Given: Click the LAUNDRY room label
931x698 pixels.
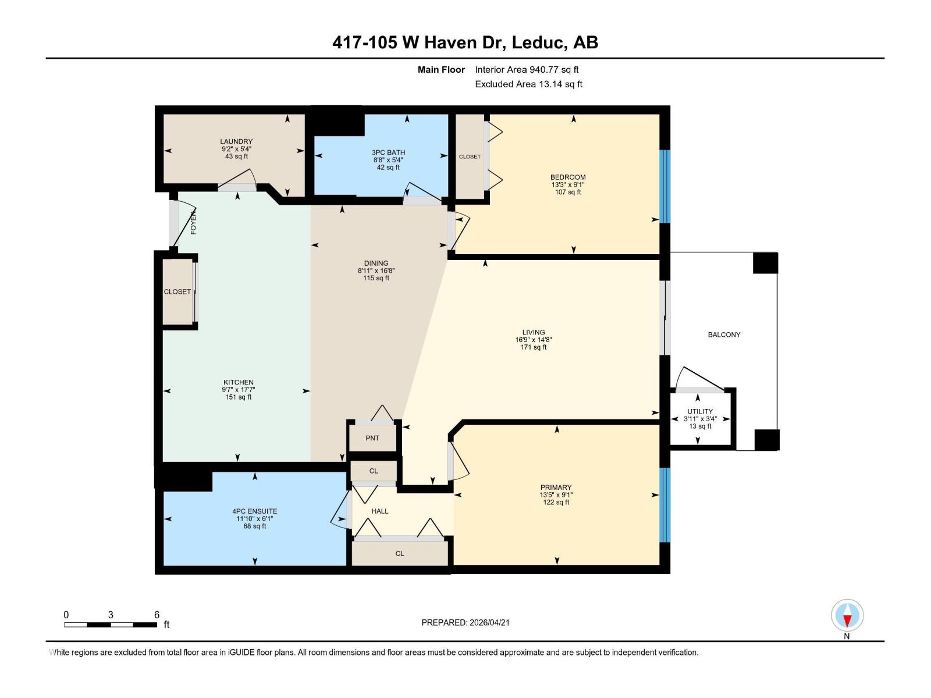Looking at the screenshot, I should [x=236, y=141].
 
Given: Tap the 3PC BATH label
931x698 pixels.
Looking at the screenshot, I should [x=388, y=152].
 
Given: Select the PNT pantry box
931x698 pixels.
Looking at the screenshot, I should [x=372, y=438].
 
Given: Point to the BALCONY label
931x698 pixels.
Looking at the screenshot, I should [x=724, y=334].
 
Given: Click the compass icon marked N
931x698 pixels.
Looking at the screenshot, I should [x=847, y=615].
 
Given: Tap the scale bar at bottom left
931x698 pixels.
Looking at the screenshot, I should [x=111, y=625].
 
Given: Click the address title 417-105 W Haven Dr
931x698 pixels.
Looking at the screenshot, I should [x=465, y=42].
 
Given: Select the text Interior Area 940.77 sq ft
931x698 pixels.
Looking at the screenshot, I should [x=527, y=69].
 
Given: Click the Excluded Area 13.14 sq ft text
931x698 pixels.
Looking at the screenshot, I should [x=528, y=84].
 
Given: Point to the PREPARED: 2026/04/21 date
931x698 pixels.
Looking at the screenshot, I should [x=465, y=622].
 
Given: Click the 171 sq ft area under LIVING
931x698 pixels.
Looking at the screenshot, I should [x=534, y=347].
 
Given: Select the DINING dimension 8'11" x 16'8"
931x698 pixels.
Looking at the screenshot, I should [x=376, y=270].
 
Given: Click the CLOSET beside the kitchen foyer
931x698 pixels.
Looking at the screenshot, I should [x=177, y=291].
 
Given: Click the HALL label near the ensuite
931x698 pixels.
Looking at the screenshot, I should [x=380, y=511].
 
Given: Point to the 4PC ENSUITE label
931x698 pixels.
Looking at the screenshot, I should [x=255, y=511].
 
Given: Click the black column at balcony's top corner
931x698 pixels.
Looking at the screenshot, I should [x=765, y=263].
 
